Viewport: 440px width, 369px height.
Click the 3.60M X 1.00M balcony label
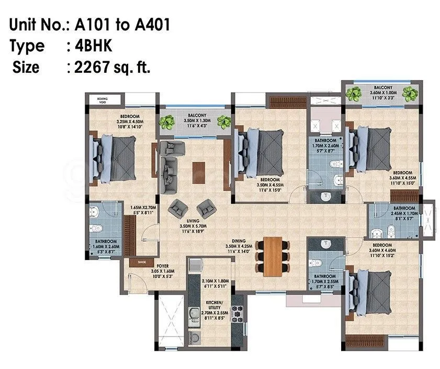[380, 91]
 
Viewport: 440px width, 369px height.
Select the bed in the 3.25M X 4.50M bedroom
[115, 156]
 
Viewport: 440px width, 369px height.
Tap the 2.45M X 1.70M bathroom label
[404, 210]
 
